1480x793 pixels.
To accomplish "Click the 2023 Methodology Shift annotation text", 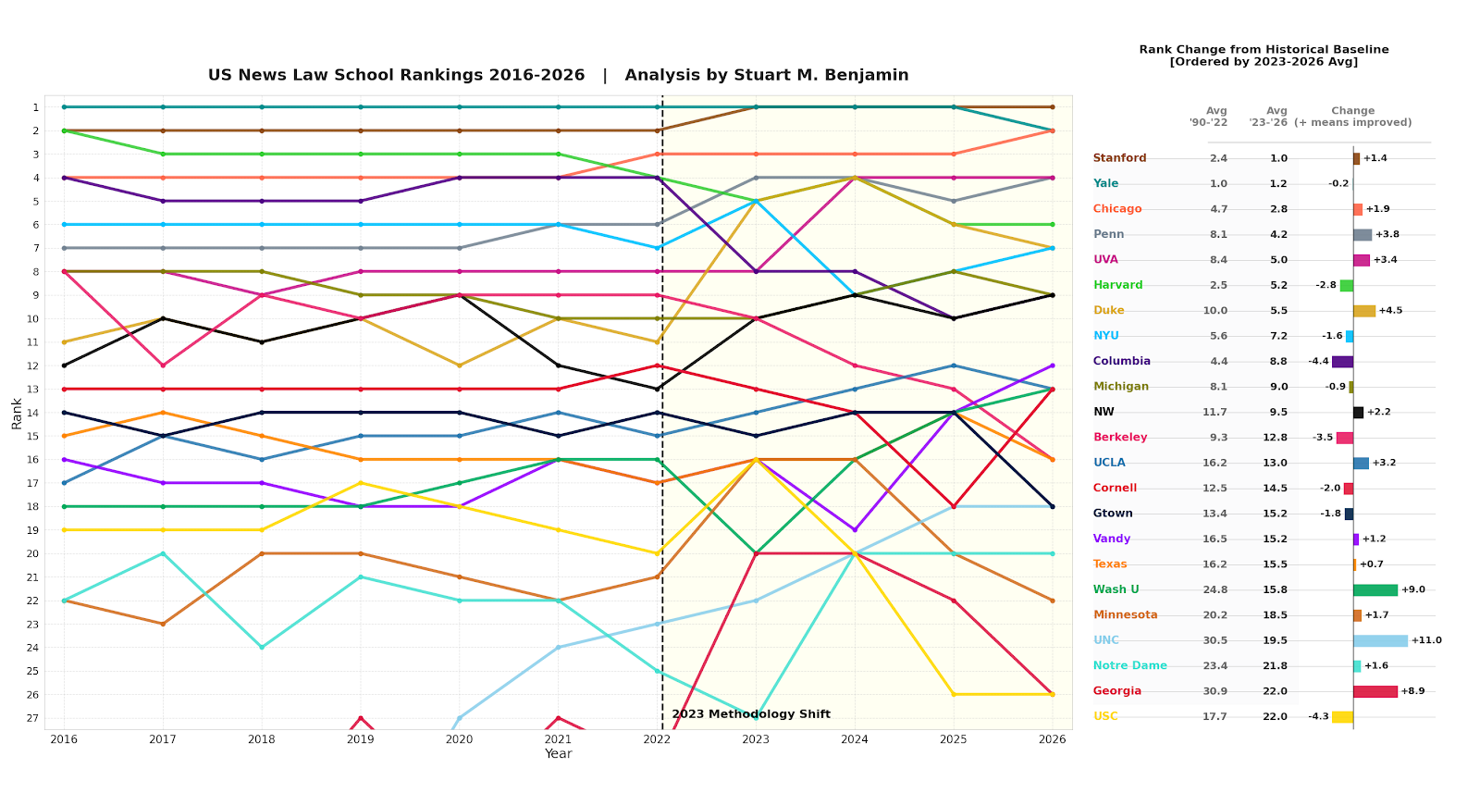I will click(x=751, y=714).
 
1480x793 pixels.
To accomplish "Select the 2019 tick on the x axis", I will click(x=360, y=739).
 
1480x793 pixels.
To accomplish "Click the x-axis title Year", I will click(x=558, y=754).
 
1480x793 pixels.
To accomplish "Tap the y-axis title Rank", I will click(x=17, y=413).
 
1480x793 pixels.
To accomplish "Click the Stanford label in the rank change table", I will click(x=1119, y=158).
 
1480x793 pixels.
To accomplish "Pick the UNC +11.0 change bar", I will click(x=1380, y=640).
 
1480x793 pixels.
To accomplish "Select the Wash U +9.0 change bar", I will click(x=1375, y=589).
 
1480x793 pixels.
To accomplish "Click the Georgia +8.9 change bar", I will click(x=1375, y=691).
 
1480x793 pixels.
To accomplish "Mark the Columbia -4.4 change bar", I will click(x=1342, y=362).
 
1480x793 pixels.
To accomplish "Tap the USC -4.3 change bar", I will click(x=1342, y=716).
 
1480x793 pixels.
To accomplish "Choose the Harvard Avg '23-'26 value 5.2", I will click(x=1276, y=285).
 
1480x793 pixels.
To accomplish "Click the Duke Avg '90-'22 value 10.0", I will click(x=1215, y=311).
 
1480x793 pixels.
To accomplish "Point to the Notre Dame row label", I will click(x=1129, y=665).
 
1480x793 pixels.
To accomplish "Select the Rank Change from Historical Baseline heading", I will click(x=1264, y=50).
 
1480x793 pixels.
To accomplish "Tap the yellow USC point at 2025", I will click(x=954, y=694).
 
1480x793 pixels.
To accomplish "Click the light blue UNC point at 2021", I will click(x=558, y=647).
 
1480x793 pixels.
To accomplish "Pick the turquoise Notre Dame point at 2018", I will click(x=262, y=647).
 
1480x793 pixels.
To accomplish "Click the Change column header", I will click(x=1352, y=111).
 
